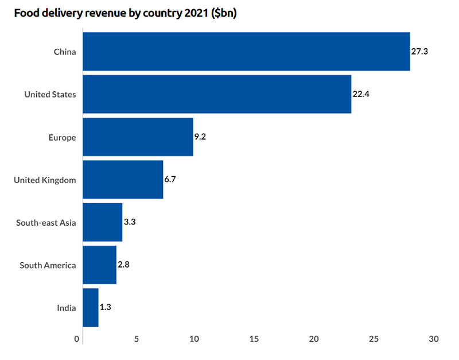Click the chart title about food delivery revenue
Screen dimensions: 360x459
[x=126, y=13]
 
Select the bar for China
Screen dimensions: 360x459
[x=246, y=52]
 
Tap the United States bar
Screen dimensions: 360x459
[x=217, y=94]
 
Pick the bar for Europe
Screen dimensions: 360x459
[x=138, y=137]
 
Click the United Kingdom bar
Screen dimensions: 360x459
[x=123, y=180]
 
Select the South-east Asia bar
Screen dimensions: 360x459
[x=102, y=222]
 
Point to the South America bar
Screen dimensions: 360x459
[x=99, y=265]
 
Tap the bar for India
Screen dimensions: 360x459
[x=91, y=307]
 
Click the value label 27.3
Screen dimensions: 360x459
[x=420, y=52]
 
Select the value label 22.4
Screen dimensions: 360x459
[x=361, y=94]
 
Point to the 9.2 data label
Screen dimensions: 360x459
[x=200, y=137]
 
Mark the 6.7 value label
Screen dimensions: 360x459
[x=170, y=180]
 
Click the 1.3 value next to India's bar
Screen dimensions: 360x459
[x=105, y=307]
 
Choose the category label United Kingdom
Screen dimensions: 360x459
[x=45, y=180]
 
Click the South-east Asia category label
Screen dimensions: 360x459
[x=46, y=222]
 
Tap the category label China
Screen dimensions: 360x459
[x=65, y=52]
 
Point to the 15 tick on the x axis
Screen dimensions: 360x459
[x=254, y=339]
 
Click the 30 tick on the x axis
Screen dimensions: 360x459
[x=433, y=339]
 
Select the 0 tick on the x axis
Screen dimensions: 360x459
[x=77, y=339]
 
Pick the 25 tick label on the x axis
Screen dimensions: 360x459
[x=374, y=339]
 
